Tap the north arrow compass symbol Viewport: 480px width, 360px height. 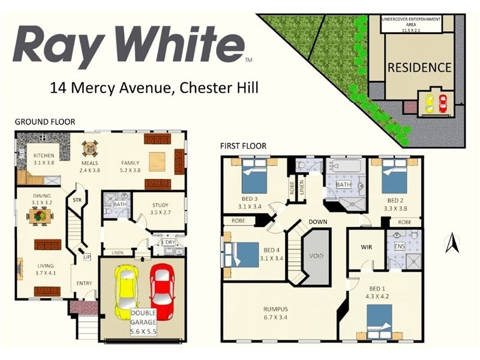point(454,243)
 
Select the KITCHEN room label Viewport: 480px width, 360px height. point(44,155)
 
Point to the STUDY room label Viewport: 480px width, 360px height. point(160,205)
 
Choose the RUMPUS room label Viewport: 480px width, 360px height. point(276,310)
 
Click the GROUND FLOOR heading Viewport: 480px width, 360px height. point(45,122)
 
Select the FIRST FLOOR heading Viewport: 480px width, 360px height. point(243,146)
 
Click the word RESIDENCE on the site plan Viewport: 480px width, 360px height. point(419,67)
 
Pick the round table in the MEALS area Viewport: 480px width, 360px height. point(89,148)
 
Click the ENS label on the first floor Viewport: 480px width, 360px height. point(400,247)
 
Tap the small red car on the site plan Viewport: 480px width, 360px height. point(443,103)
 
